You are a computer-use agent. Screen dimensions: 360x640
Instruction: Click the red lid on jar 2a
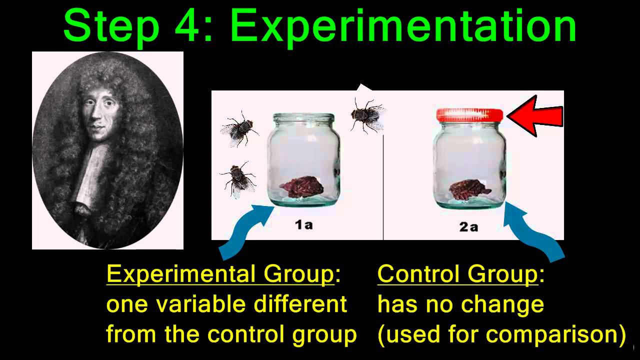469,115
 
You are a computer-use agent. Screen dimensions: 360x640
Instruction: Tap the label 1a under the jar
303,225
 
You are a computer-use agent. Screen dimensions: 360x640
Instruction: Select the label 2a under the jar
468,226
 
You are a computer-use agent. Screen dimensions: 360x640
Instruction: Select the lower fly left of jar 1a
238,178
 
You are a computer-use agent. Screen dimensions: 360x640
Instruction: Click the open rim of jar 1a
303,118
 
